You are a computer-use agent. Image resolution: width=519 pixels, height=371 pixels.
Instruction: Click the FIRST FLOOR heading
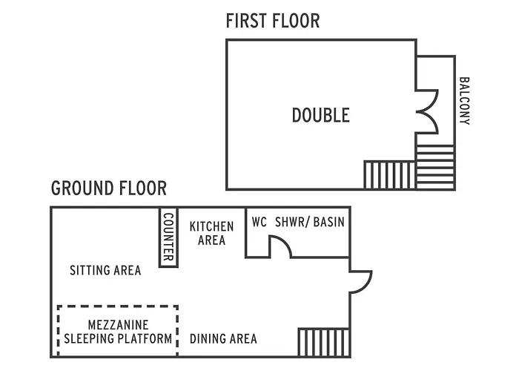pos(273,20)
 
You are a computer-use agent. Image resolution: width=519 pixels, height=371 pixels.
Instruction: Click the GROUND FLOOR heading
pos(109,188)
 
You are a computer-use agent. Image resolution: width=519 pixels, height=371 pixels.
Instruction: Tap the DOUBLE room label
pos(320,115)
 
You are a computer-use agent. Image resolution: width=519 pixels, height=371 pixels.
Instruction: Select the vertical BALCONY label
pos(465,100)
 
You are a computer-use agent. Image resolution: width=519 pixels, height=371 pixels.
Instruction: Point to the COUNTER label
pos(168,236)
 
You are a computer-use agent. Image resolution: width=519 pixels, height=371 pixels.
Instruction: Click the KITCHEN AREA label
pos(211,233)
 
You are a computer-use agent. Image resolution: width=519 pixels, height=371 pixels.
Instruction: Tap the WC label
pos(259,222)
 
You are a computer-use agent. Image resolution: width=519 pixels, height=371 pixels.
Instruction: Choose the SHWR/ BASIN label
pos(310,222)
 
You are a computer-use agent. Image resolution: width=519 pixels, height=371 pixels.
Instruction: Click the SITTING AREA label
pos(105,270)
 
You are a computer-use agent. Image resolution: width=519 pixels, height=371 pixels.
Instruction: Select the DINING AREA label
pos(223,339)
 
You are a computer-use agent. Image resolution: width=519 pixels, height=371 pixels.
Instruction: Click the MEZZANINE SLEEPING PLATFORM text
pos(119,332)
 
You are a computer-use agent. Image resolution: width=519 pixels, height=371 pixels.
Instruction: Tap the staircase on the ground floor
pos(323,342)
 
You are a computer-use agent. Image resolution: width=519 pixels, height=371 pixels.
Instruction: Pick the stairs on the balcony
pos(435,167)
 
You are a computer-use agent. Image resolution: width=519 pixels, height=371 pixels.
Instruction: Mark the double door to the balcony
pos(426,111)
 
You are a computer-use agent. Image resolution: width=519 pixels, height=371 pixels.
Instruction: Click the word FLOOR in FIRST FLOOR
pos(295,20)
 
